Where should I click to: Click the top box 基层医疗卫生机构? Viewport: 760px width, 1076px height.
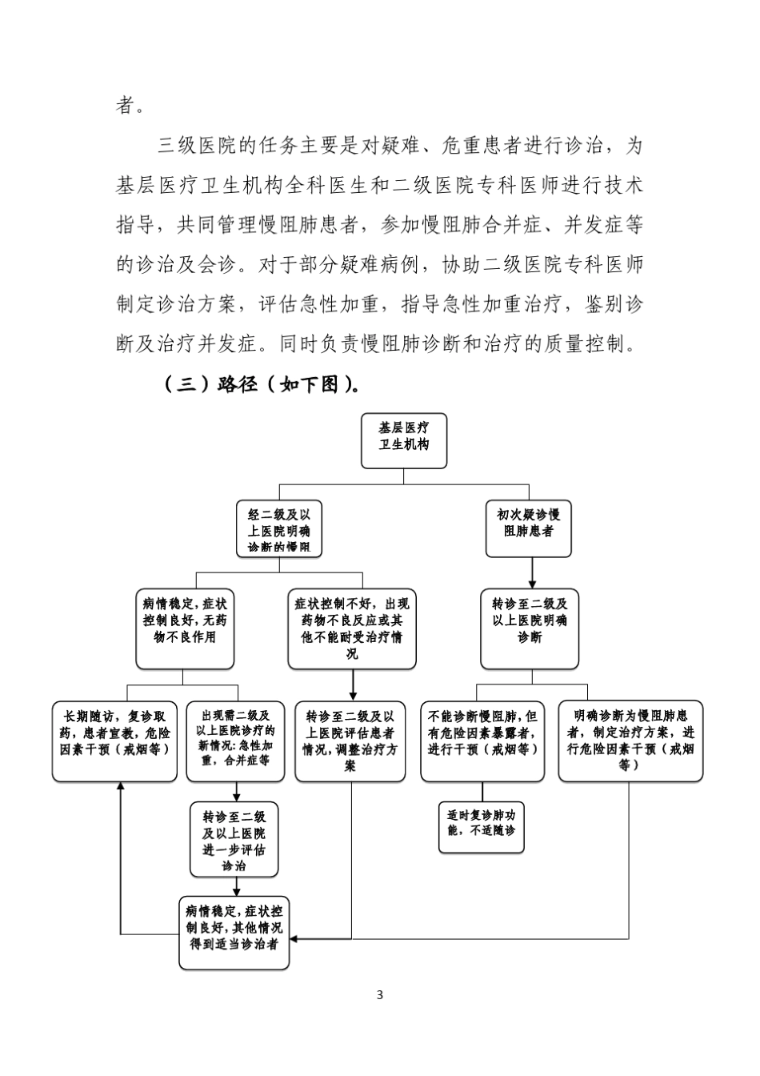(403, 440)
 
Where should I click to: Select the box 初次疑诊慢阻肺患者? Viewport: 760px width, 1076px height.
(529, 528)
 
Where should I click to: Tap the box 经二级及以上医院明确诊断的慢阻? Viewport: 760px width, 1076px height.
(278, 528)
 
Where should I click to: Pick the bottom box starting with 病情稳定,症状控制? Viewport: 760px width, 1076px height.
(234, 933)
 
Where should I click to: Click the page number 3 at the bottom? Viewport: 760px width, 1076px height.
(380, 995)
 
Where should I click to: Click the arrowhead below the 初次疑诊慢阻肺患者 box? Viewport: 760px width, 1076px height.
(530, 584)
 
